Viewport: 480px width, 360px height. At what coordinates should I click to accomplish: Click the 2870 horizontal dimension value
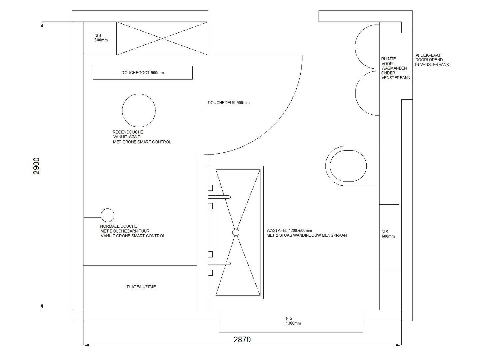click(242, 339)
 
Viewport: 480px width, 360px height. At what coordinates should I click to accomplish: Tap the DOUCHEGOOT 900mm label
click(143, 73)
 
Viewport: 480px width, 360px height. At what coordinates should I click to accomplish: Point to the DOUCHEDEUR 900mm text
click(229, 103)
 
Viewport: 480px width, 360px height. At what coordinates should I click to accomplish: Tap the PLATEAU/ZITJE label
click(141, 287)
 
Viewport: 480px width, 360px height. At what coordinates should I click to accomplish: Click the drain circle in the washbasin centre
click(236, 232)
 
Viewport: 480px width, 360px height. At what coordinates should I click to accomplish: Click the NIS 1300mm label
click(293, 321)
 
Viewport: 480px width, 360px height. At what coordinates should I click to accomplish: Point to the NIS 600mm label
click(388, 234)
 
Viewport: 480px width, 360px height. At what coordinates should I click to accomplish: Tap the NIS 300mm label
click(101, 38)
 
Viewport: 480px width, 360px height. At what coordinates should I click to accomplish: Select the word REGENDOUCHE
click(128, 132)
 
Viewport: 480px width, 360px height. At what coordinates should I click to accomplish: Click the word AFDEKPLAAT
click(428, 55)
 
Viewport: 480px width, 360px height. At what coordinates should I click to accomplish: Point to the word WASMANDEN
click(394, 68)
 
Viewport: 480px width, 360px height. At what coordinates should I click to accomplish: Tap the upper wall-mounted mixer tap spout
click(219, 197)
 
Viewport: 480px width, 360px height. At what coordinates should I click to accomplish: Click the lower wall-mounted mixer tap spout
click(219, 263)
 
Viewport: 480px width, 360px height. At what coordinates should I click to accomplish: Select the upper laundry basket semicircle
click(355, 47)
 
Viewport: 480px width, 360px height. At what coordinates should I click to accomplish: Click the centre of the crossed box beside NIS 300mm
click(162, 38)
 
